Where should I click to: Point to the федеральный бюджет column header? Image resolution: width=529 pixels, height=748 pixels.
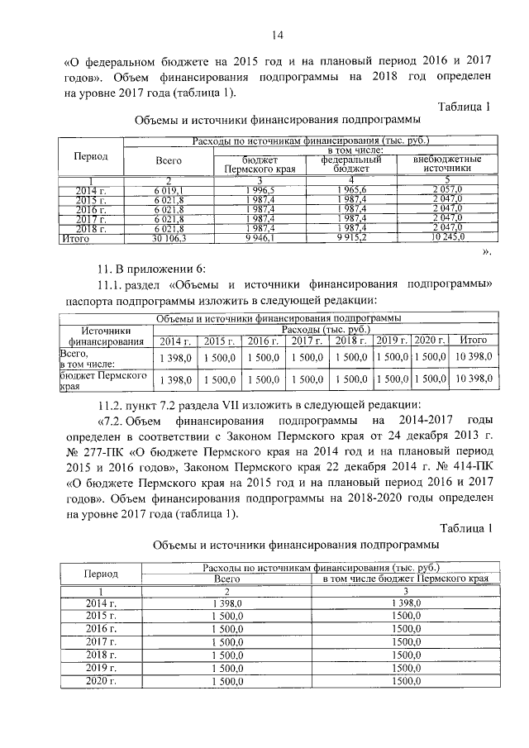coord(350,163)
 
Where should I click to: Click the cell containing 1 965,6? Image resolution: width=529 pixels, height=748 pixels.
coord(350,192)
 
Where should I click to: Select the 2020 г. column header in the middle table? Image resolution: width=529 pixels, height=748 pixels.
coord(429,341)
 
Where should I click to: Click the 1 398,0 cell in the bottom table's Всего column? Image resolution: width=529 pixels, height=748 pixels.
coord(227,605)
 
